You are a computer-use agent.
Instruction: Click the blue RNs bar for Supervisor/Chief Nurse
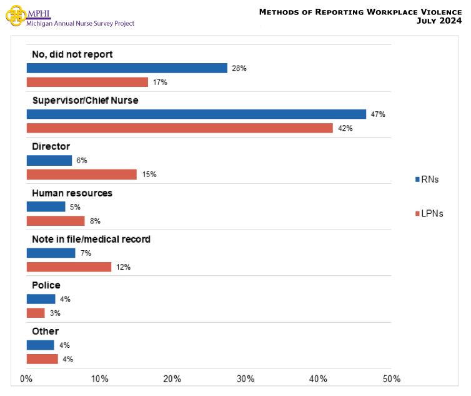(x=196, y=114)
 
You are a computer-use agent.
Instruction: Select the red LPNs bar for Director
(x=81, y=175)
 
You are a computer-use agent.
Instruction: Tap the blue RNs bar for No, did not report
(x=127, y=68)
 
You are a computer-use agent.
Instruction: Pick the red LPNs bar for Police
(x=36, y=313)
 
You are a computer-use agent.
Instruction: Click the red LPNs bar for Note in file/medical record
(x=69, y=267)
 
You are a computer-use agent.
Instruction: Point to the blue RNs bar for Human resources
(x=46, y=206)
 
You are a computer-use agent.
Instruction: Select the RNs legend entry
(x=427, y=180)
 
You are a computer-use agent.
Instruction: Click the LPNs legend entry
(x=429, y=214)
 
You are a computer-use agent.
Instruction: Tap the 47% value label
(x=378, y=114)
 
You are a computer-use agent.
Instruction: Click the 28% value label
(x=239, y=68)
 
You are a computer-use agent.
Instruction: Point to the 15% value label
(x=149, y=175)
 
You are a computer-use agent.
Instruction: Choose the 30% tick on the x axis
(x=245, y=378)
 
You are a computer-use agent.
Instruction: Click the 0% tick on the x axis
(x=27, y=378)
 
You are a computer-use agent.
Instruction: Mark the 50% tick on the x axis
(x=391, y=378)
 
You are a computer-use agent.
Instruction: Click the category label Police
(x=46, y=285)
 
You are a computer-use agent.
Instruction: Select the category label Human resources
(x=72, y=193)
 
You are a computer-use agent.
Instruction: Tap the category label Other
(x=45, y=331)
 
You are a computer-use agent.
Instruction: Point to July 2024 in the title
(x=439, y=21)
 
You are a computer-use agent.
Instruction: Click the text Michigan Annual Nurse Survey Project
(x=80, y=24)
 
